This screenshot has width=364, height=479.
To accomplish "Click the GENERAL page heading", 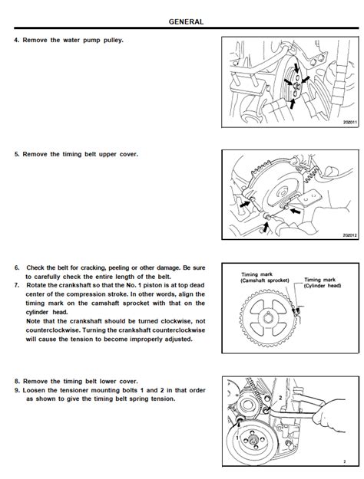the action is [186, 21].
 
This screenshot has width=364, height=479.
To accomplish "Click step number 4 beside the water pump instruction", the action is [17, 40].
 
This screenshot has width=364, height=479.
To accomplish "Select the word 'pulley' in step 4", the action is [113, 41].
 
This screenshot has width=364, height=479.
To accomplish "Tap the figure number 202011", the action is [350, 122].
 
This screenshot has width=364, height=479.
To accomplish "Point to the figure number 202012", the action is [350, 235].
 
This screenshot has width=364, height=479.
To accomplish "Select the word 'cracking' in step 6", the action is [93, 268].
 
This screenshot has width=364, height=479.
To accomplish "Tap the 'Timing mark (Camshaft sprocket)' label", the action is [265, 277].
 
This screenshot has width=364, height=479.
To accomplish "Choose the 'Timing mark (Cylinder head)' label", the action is [323, 283].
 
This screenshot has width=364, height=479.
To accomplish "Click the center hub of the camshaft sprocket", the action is [269, 318].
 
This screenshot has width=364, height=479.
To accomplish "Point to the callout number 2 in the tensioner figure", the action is [280, 398].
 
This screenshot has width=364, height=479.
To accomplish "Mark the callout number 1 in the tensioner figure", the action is [237, 438].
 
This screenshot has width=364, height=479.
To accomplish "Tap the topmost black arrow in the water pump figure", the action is [296, 68].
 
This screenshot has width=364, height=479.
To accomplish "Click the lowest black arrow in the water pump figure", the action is [293, 104].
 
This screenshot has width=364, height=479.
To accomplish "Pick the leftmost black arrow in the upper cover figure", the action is [245, 204].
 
